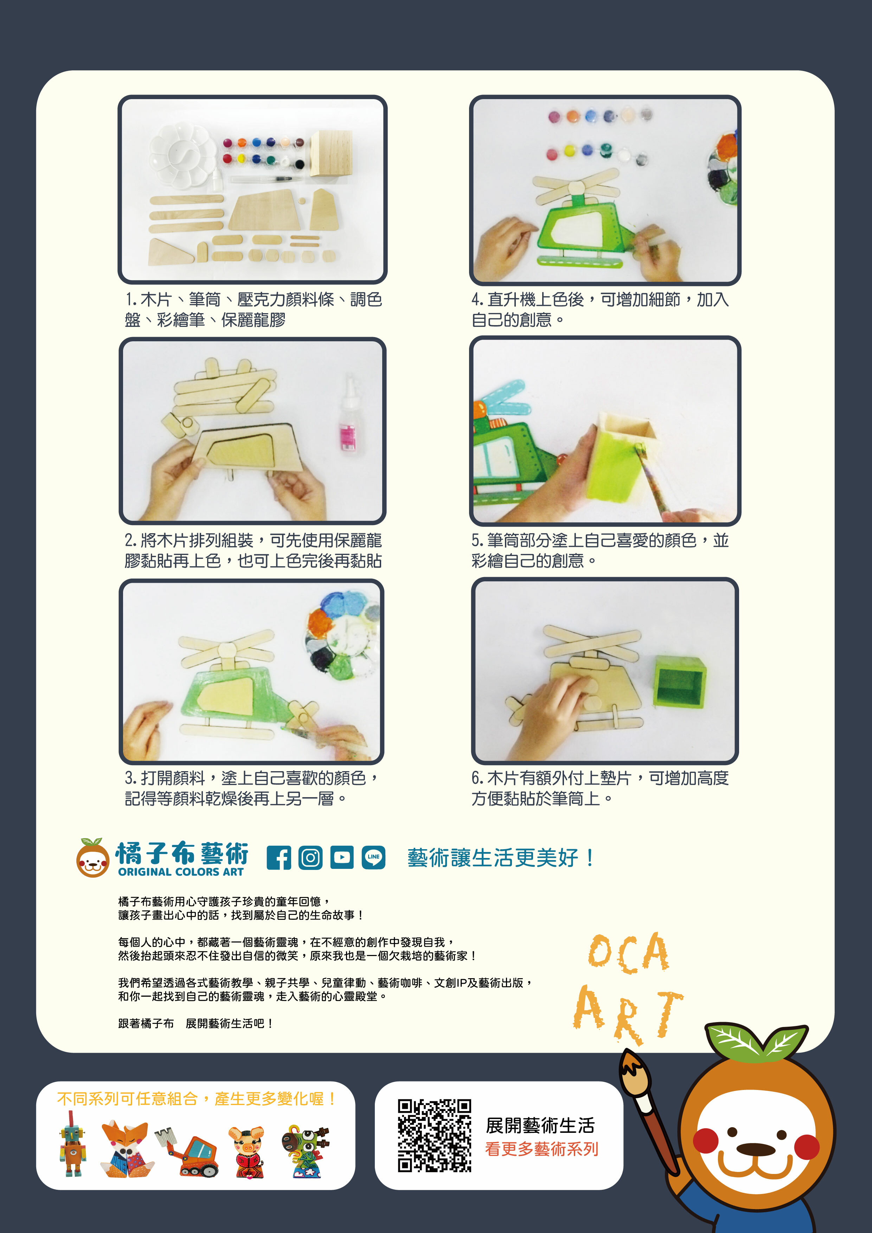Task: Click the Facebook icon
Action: [x=279, y=858]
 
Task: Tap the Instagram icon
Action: [x=310, y=858]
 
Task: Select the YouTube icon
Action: [x=342, y=858]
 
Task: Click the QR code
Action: [x=434, y=1135]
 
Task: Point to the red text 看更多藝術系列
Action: [x=541, y=1149]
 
